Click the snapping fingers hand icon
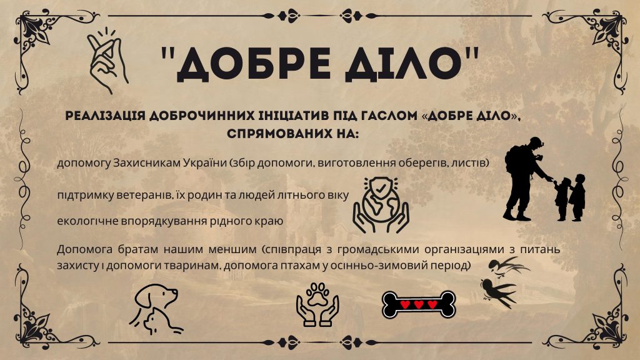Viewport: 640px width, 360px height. click(x=106, y=61)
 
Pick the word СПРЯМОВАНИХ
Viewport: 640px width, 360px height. click(x=279, y=134)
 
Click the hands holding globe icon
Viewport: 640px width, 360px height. click(x=381, y=205)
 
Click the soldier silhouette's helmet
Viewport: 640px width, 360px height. click(x=536, y=142)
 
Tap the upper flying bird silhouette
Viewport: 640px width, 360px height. click(x=508, y=266)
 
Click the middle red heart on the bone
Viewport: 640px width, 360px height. click(x=419, y=304)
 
